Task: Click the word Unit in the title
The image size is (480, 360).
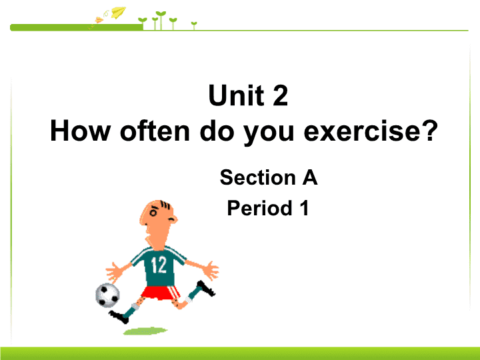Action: click(236, 95)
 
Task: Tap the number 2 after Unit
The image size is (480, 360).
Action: click(280, 95)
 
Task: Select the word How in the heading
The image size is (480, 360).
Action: click(80, 131)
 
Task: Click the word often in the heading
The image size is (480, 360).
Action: click(155, 131)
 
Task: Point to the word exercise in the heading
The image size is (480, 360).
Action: click(363, 131)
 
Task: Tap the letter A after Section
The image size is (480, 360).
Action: click(310, 177)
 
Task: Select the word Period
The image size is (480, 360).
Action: click(259, 208)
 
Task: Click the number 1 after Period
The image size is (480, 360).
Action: click(305, 208)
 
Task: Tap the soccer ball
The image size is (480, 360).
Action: click(107, 295)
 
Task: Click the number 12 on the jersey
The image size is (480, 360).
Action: click(159, 265)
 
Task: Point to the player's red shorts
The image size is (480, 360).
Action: click(161, 293)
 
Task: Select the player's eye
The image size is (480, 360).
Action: click(153, 213)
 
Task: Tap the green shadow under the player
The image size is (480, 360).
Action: click(145, 331)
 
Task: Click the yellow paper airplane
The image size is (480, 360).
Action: click(118, 12)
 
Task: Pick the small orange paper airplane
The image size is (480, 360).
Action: click(99, 20)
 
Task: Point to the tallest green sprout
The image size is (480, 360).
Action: click(161, 20)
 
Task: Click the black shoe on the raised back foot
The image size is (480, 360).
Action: click(206, 289)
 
